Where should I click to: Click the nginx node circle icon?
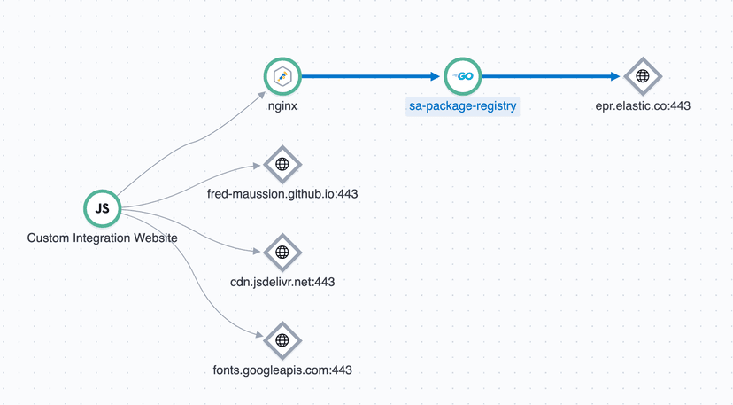pos(283,76)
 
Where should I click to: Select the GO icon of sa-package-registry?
pos(463,76)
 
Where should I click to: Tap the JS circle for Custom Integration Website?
pos(102,208)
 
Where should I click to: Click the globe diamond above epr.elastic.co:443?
pos(643,76)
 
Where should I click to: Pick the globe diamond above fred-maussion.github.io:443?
pos(282,164)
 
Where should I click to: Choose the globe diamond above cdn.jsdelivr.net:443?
pos(282,252)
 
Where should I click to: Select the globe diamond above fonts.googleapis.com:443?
pos(282,339)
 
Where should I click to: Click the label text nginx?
pos(283,106)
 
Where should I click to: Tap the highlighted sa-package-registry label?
pos(463,106)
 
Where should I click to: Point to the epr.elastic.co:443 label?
pos(643,106)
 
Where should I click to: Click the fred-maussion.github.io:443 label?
pos(282,194)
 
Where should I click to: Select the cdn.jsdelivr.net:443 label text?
pos(282,282)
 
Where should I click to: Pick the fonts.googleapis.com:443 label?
pos(282,370)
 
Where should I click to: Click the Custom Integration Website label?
pos(102,238)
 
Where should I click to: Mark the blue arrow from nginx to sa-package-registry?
pos(372,76)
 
